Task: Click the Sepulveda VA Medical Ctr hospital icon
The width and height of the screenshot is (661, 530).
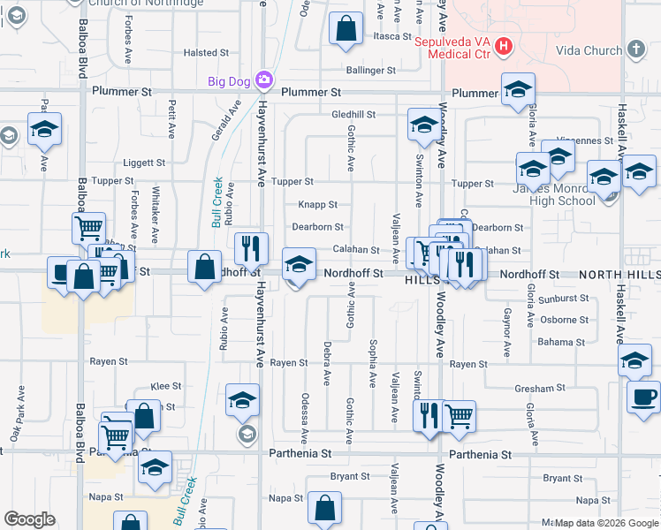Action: click(504, 45)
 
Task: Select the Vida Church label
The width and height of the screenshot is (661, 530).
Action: click(589, 50)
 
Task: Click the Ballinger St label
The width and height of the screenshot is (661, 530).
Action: click(370, 70)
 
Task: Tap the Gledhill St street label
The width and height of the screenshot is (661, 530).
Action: click(353, 115)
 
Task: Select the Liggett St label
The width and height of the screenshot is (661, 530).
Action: click(144, 163)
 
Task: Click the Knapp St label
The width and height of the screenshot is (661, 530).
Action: click(318, 204)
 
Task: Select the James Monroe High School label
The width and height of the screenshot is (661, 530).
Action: click(554, 193)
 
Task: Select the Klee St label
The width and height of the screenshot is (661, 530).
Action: click(166, 386)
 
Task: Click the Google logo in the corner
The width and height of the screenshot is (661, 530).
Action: click(29, 519)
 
